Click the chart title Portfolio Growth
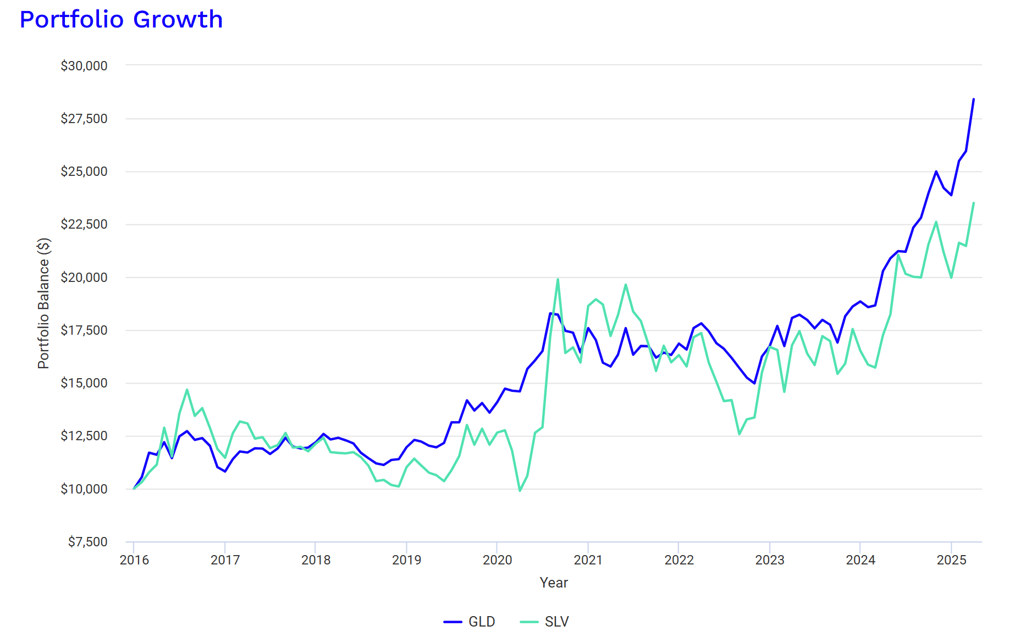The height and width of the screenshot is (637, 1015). [x=121, y=20]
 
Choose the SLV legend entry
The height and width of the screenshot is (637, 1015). [x=545, y=622]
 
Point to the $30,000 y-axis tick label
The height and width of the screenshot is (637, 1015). [x=84, y=66]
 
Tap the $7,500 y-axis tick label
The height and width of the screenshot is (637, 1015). [x=88, y=542]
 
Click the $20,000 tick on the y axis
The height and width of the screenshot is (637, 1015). [x=84, y=278]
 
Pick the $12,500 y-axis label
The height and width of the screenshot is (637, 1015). [x=84, y=436]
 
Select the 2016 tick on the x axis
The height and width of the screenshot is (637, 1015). [x=134, y=560]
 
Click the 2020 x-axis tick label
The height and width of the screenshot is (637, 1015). [x=497, y=560]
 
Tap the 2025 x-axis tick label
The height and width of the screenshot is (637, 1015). [x=951, y=560]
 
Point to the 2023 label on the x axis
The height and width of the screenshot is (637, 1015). [x=769, y=560]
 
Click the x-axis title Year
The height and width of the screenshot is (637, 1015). [x=554, y=583]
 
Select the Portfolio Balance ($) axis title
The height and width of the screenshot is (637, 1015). [x=43, y=303]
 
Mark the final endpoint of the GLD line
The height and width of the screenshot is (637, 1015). [x=974, y=99]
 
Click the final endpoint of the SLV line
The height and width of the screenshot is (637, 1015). [x=974, y=203]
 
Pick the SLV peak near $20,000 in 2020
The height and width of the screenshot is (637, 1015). [x=558, y=279]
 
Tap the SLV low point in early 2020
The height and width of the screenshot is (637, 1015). [x=520, y=491]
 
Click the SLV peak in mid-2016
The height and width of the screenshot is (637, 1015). [x=187, y=390]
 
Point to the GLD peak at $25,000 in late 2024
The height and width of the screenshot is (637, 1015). [x=936, y=171]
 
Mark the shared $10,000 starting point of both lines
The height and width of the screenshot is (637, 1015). [x=134, y=489]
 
